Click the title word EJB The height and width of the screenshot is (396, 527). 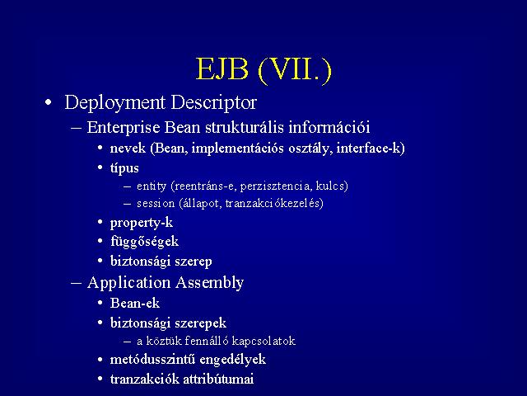222,68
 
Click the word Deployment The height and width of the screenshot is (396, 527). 114,102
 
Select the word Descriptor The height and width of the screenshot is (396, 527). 214,102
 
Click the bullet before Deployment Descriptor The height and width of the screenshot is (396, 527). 49,102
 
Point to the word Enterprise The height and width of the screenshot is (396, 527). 124,128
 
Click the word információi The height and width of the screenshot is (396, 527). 329,127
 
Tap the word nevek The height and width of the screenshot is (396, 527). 128,148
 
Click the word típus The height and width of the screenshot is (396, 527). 124,168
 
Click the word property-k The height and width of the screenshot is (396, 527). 142,223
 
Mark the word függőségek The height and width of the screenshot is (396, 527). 145,242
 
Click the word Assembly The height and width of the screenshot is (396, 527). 209,283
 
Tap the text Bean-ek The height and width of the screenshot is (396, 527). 135,304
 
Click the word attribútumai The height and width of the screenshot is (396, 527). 217,379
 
